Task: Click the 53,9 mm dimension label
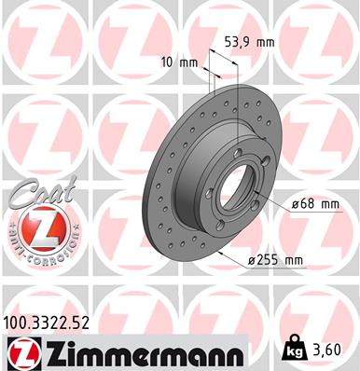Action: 246,42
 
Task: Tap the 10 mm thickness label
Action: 173,63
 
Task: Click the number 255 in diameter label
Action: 276,259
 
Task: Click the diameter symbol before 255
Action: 256,259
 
